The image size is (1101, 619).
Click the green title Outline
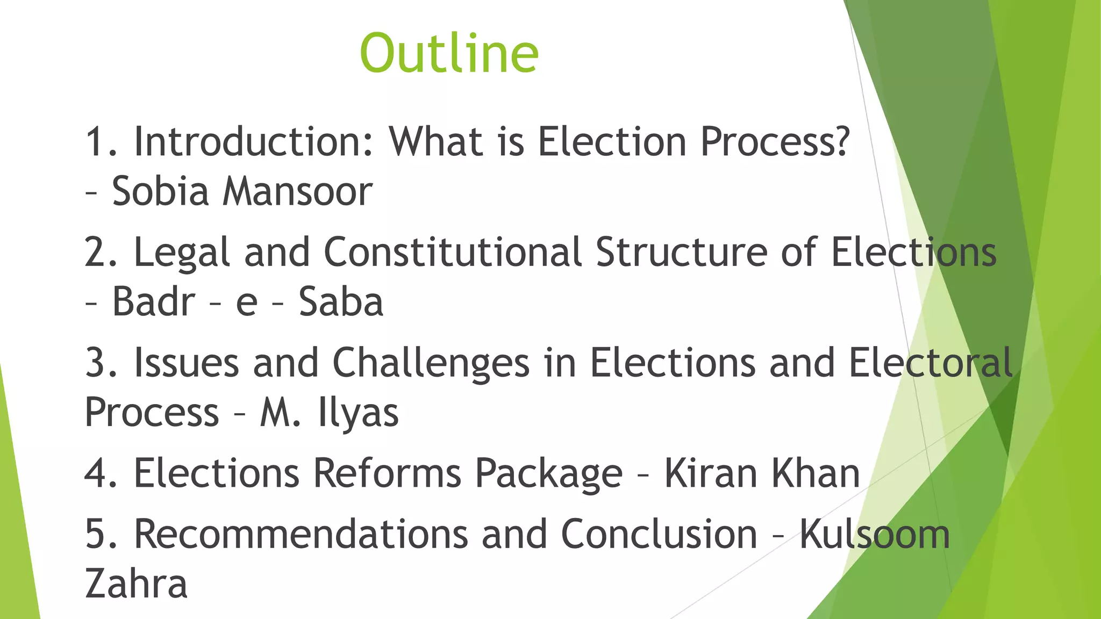click(449, 53)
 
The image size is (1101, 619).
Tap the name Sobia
click(160, 192)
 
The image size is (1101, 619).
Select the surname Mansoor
click(297, 192)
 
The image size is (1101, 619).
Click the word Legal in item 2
click(182, 253)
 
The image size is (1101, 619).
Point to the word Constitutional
click(453, 252)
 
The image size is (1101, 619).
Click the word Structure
click(681, 252)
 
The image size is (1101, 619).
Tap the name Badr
click(153, 302)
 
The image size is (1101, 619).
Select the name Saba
click(341, 302)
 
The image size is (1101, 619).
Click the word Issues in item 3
click(186, 363)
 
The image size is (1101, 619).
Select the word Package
click(548, 474)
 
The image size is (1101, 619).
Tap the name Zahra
click(136, 584)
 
